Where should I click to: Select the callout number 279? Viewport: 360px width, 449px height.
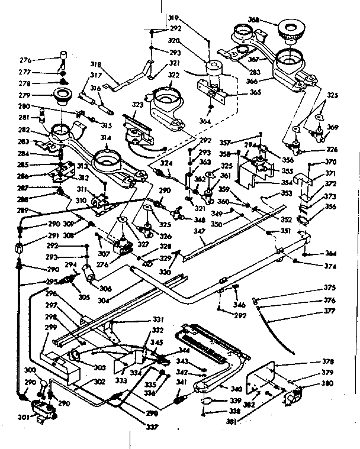[41, 95]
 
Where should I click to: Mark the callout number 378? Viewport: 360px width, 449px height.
[327, 361]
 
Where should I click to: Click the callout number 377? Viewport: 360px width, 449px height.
[329, 309]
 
